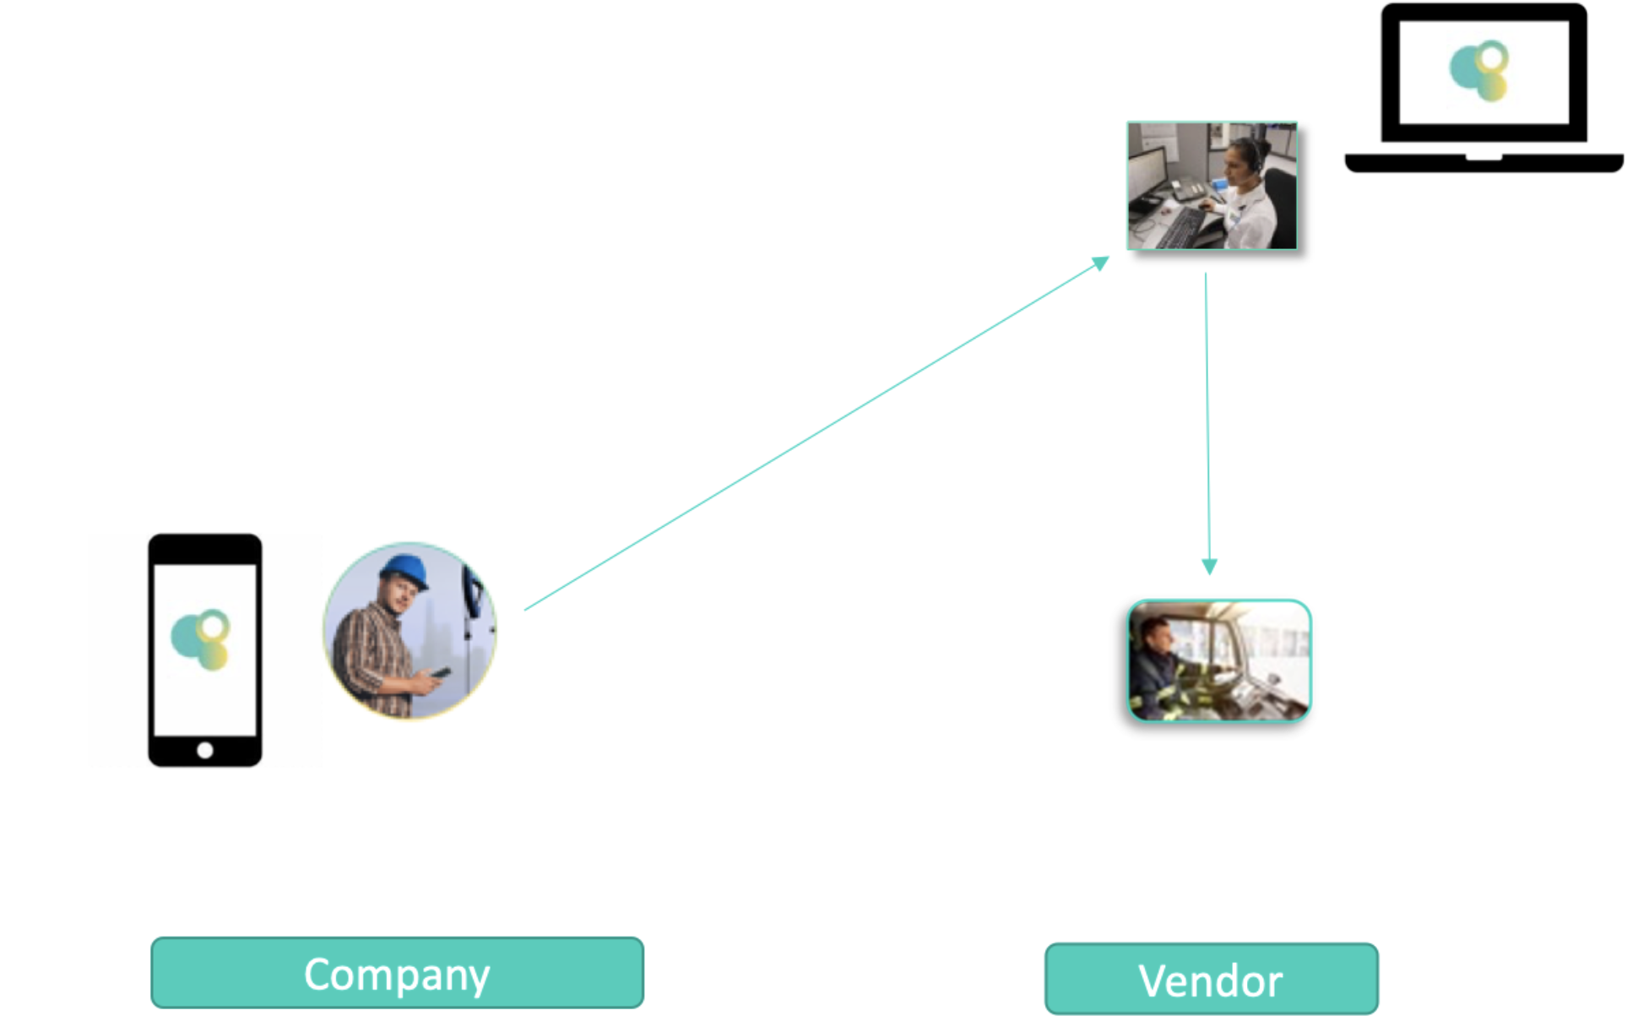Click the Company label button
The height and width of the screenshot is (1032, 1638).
coord(397,973)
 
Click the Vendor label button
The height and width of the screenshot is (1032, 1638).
coord(1211,980)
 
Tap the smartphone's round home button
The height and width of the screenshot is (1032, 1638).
coord(204,750)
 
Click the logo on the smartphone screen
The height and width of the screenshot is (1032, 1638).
coord(201,639)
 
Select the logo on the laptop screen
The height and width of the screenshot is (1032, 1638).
coord(1480,71)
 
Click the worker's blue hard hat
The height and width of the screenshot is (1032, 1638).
coord(404,571)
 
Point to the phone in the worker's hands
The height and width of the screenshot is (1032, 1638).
coord(440,673)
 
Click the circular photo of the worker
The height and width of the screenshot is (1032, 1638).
coord(409,630)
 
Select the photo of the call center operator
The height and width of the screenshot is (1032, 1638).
coord(1212,186)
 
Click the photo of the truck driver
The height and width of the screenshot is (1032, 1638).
coord(1218,660)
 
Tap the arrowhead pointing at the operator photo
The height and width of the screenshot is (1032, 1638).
coord(1101,263)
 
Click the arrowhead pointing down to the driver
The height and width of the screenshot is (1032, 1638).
coord(1209,566)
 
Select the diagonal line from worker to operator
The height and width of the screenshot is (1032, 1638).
coord(811,437)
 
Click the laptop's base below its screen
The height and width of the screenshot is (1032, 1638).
coord(1483,163)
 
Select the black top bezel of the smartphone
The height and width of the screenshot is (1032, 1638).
coord(204,549)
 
